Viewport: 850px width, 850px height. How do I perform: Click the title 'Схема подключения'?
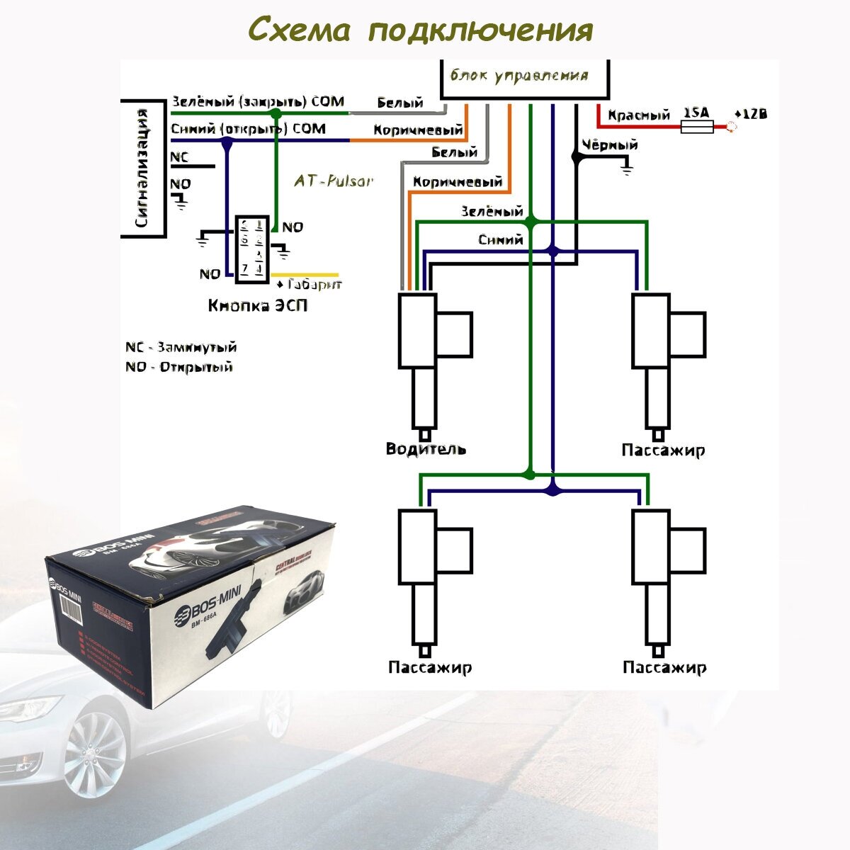[x=420, y=30]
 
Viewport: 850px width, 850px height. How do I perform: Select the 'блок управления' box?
[x=524, y=78]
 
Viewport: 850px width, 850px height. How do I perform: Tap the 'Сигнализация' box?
[x=143, y=168]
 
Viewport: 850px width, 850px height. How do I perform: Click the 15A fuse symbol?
[x=696, y=127]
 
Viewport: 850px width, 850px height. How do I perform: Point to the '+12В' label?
[x=750, y=115]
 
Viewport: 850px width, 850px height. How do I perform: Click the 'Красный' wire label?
[x=639, y=115]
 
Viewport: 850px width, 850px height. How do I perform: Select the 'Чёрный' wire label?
[x=609, y=145]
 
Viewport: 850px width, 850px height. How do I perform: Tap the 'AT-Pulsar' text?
[x=333, y=181]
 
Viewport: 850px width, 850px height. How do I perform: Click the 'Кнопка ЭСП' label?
[x=258, y=306]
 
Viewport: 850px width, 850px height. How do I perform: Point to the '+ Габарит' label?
[x=309, y=285]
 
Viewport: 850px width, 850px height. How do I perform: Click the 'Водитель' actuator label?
[x=426, y=449]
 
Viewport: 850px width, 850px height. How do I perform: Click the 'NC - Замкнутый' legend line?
[x=181, y=348]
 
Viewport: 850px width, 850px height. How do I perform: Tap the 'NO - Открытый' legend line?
[x=178, y=367]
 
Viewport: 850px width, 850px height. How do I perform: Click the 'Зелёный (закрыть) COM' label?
[x=258, y=103]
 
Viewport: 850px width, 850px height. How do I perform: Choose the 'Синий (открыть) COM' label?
[x=249, y=129]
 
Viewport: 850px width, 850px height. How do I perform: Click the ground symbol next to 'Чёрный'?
[x=626, y=167]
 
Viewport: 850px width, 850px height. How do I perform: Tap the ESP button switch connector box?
[x=252, y=250]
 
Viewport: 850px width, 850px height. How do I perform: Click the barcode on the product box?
[x=69, y=606]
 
